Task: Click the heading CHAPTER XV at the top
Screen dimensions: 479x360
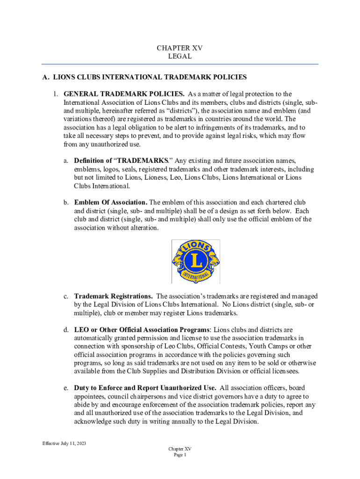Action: pos(180,48)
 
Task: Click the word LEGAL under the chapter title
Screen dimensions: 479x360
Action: pos(180,56)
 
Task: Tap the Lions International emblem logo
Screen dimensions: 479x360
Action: pos(196,261)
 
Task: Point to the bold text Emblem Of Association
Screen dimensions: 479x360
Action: pos(111,203)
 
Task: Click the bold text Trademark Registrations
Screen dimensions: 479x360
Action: pos(113,296)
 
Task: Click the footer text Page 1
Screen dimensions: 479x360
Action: pos(180,455)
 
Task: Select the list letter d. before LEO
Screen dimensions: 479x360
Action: pos(67,330)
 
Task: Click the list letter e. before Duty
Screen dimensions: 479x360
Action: pos(67,388)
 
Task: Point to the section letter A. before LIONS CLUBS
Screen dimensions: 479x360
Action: pos(45,77)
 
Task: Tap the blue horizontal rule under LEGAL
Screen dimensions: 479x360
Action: pos(180,64)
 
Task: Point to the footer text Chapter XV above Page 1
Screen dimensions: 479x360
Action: pos(180,449)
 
